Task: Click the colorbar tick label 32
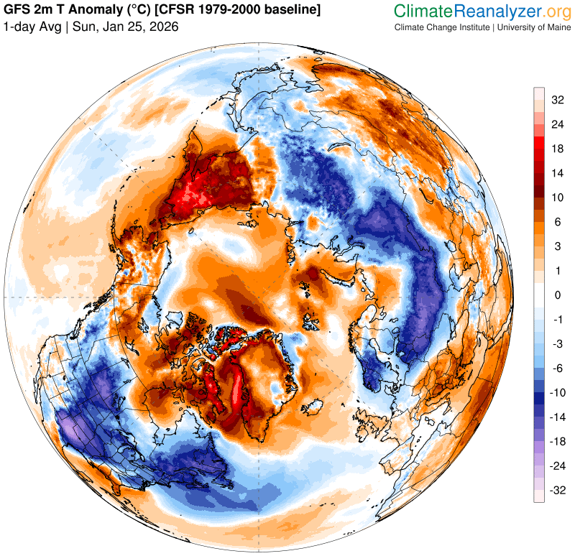tap(557, 101)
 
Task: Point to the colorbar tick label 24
tap(557, 124)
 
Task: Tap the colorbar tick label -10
tap(557, 392)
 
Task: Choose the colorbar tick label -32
tap(557, 490)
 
